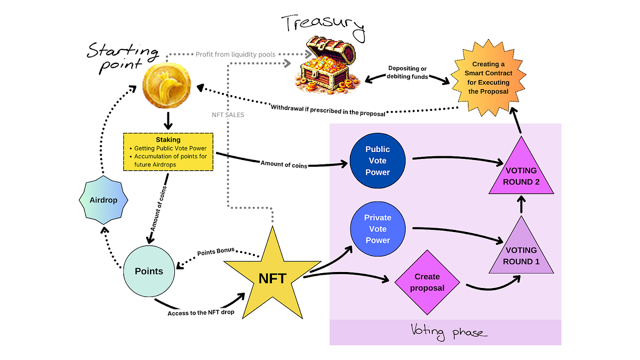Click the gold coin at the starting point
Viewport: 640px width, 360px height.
tap(167, 85)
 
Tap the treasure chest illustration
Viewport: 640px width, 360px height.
tap(327, 65)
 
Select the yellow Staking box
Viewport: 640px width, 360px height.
tap(169, 152)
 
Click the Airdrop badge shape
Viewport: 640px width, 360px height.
tap(103, 200)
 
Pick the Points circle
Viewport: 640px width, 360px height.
tap(149, 271)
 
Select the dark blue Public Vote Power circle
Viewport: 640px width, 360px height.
tap(378, 161)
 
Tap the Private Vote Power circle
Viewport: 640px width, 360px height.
tap(378, 229)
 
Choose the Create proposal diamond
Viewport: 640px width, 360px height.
tap(427, 282)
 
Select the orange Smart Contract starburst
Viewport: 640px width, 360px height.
tap(489, 78)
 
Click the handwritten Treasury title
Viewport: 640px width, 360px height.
tap(323, 27)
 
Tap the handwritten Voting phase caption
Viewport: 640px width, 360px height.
tap(449, 332)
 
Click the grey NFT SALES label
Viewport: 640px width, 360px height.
tap(228, 115)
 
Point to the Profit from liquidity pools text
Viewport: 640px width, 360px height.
tap(235, 54)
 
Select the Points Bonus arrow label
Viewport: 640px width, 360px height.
tap(215, 251)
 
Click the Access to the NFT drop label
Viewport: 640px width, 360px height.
tap(201, 313)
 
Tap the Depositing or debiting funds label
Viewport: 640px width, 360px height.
tap(407, 73)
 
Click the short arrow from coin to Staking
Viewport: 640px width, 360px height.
tap(168, 121)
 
